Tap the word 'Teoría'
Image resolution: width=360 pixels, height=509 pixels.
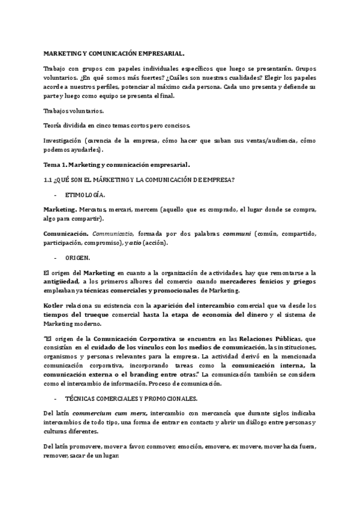pyautogui.click(x=53, y=125)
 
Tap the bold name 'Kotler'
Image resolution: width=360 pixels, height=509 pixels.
pyautogui.click(x=54, y=304)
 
